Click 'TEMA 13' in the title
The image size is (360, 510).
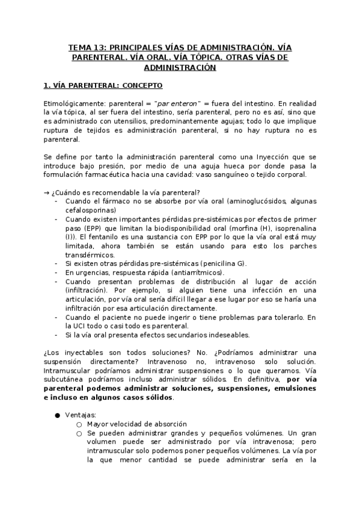tap(84, 47)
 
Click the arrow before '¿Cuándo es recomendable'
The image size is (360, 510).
tap(47, 192)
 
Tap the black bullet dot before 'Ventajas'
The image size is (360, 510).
tap(57, 415)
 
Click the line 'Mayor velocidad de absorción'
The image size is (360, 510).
tap(136, 424)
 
